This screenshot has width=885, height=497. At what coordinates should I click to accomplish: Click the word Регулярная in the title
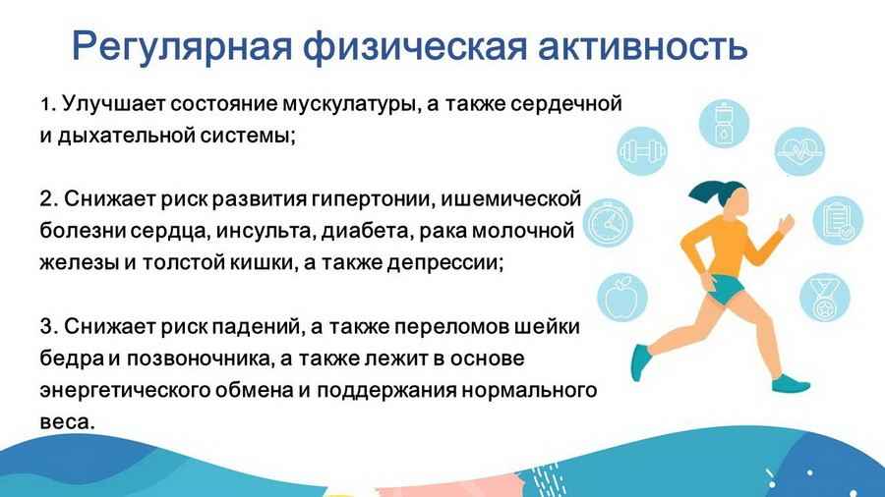point(182,47)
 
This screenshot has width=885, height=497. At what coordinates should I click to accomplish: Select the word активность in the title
point(642,46)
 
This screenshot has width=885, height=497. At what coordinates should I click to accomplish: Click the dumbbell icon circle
point(642,151)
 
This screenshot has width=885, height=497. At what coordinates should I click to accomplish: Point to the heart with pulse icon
point(799,151)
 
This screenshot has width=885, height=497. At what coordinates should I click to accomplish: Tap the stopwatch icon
point(608,223)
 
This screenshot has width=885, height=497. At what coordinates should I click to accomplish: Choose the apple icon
point(622,297)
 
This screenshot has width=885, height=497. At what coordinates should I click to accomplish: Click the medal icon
point(825,298)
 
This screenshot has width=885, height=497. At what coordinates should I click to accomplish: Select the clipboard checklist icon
point(838,220)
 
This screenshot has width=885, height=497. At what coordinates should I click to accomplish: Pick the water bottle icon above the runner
point(724,124)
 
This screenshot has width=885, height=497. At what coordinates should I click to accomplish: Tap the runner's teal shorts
point(723,289)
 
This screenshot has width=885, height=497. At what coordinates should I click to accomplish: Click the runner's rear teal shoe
point(640,362)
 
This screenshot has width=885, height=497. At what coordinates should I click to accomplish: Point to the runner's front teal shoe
point(791,384)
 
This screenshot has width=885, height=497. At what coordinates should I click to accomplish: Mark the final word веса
point(67,422)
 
